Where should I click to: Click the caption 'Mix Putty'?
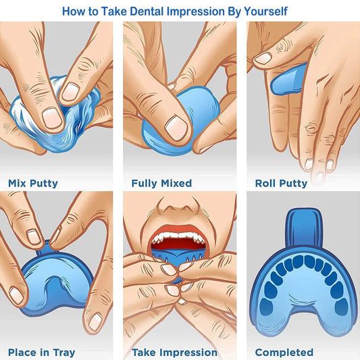click(33, 183)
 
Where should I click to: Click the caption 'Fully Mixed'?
click(161, 183)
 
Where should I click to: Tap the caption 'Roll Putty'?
click(281, 183)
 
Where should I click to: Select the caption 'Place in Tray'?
click(41, 352)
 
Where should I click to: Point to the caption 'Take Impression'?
click(174, 352)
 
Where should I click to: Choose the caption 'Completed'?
click(284, 352)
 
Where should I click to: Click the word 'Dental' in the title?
click(150, 11)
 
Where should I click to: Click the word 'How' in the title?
click(72, 11)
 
